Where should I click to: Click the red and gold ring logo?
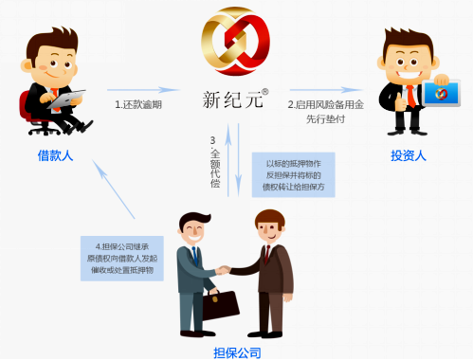click(x=235, y=46)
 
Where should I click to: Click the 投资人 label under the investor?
click(x=409, y=154)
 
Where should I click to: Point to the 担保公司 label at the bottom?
click(x=237, y=352)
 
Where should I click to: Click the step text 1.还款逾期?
click(x=138, y=104)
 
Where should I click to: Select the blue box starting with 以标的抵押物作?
click(x=293, y=174)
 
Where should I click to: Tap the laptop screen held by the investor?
click(x=440, y=94)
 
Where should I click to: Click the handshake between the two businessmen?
click(x=224, y=270)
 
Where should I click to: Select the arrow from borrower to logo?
click(x=141, y=89)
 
